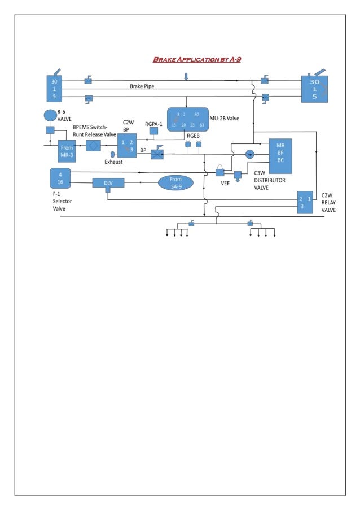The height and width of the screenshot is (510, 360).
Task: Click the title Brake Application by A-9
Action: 197,59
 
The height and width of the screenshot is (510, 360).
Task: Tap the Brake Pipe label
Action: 142,86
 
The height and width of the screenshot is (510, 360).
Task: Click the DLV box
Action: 108,182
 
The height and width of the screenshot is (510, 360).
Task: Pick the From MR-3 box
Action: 66,151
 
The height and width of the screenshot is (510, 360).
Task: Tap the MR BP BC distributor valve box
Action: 280,152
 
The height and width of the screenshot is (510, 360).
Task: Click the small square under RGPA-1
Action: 153,131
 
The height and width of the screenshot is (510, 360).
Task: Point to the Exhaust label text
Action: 113,162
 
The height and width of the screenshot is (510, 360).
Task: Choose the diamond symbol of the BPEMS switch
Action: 93,145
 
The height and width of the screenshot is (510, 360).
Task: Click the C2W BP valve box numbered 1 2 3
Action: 127,145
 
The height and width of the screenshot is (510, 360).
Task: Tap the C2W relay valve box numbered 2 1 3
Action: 305,202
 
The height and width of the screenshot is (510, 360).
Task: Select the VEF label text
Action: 225,182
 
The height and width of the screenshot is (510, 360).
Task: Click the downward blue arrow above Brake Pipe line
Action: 186,76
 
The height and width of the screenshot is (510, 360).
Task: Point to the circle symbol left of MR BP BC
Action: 251,154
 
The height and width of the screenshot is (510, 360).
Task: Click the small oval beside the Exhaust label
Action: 112,154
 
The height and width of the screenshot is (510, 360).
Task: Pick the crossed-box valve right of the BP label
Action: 157,153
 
